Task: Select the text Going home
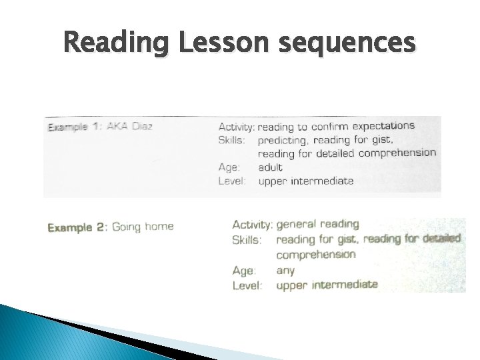coord(143,227)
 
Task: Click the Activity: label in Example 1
coord(237,126)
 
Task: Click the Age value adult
coord(270,167)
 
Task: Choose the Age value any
coord(285,270)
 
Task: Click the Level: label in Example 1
coord(231,181)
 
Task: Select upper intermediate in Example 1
coord(306,181)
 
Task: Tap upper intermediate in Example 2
coord(327,285)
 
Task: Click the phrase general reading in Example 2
coord(317,224)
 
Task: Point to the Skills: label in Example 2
coord(247,239)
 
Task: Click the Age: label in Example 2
coord(244,271)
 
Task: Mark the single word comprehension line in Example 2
coord(316,255)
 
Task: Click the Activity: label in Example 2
coord(252,224)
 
